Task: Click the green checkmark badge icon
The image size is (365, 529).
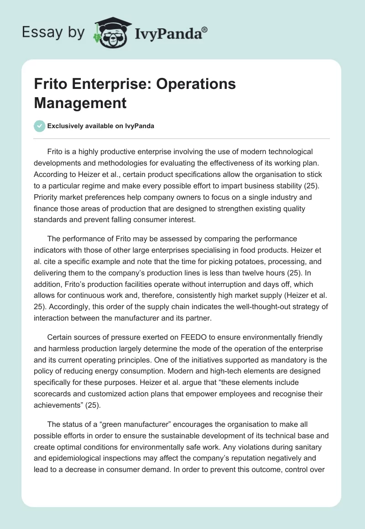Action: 40,126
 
